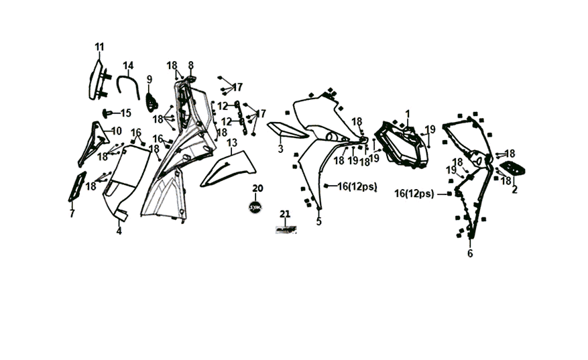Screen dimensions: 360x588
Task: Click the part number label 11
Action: tap(99, 47)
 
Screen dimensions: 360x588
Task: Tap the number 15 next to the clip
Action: tap(125, 113)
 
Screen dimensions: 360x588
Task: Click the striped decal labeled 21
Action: tap(285, 229)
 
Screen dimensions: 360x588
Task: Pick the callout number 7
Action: tap(72, 214)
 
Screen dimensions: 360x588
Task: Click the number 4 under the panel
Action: tap(119, 231)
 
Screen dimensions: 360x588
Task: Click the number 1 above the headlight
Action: tap(407, 113)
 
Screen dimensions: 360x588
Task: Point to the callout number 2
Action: tap(514, 190)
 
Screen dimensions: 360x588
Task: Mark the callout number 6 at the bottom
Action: tap(470, 253)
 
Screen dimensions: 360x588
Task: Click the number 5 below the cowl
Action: tap(318, 221)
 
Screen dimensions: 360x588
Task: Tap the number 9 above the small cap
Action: tap(150, 80)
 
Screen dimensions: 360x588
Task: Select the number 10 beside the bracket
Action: tap(116, 131)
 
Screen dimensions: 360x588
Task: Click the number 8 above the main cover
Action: tap(190, 65)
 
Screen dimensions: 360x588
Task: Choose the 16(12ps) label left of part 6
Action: tap(414, 194)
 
